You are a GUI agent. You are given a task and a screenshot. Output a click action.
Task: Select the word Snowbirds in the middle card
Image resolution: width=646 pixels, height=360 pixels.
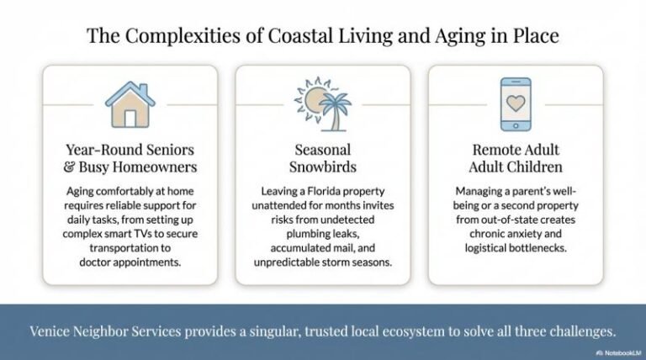coord(323,167)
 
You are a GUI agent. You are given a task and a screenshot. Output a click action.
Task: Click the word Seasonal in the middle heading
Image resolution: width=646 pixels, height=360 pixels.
coord(323,149)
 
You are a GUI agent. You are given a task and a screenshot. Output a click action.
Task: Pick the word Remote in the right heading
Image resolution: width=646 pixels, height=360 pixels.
coord(493,149)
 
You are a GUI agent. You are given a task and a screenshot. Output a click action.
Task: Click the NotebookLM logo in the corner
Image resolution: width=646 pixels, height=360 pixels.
coord(617,352)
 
